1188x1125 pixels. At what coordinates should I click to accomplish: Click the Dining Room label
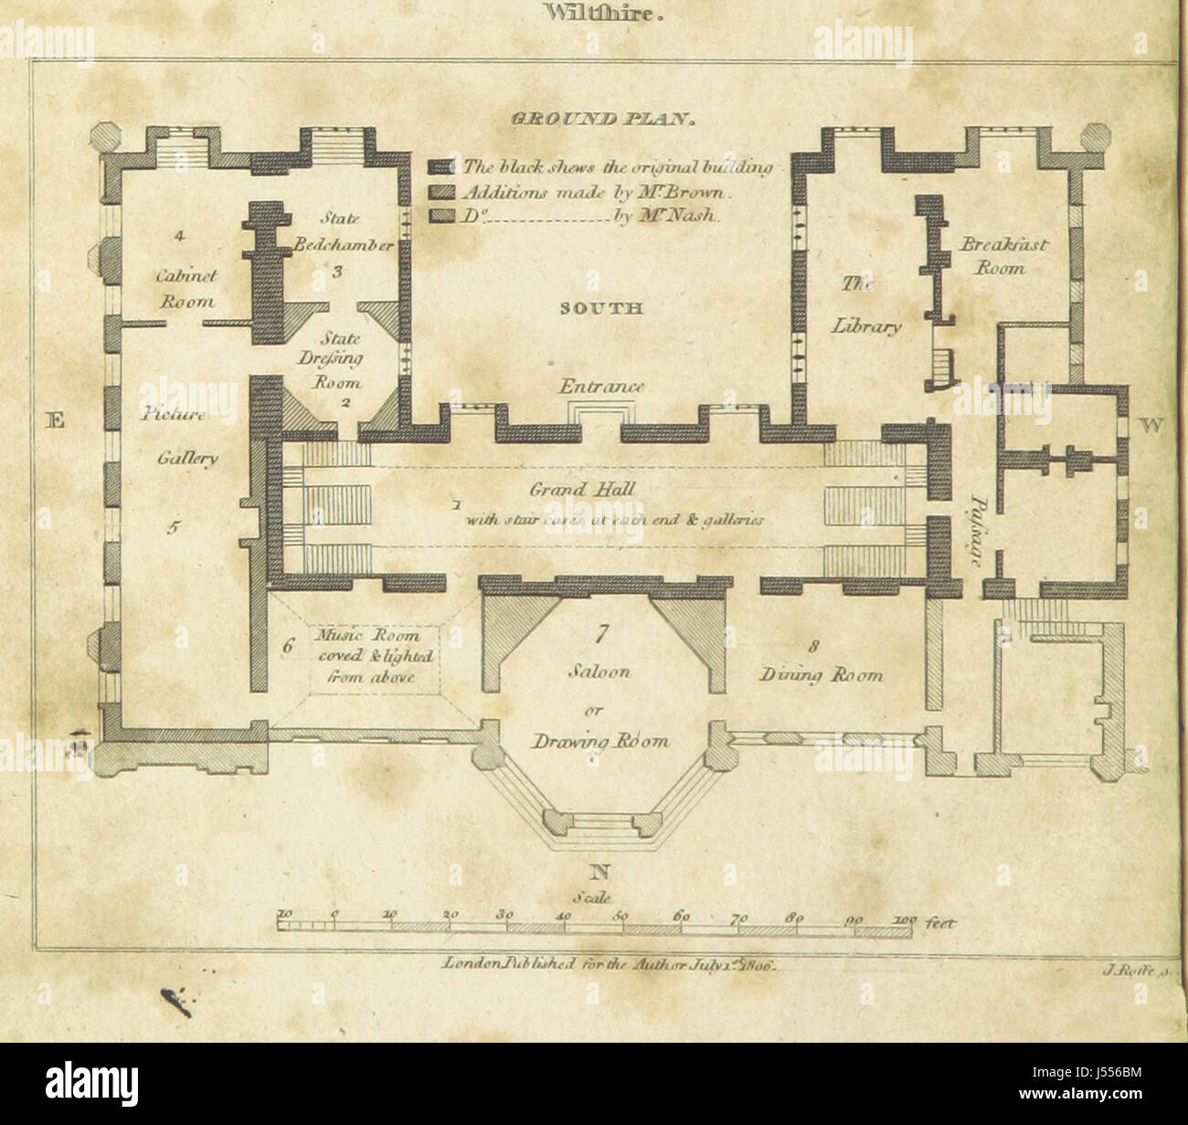pyautogui.click(x=822, y=675)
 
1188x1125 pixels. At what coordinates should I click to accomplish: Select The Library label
pyautogui.click(x=867, y=308)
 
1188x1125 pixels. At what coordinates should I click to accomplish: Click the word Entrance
pyautogui.click(x=601, y=387)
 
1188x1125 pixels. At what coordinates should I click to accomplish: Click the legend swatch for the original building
pyautogui.click(x=443, y=167)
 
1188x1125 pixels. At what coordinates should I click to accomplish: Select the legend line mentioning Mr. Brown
pyautogui.click(x=594, y=193)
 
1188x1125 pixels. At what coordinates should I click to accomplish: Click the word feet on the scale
pyautogui.click(x=940, y=924)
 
